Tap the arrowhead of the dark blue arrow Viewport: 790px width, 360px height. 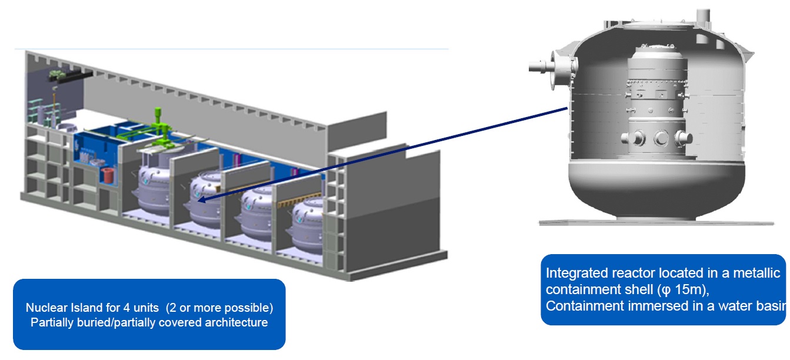tap(199, 201)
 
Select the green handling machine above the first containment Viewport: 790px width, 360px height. tap(158, 132)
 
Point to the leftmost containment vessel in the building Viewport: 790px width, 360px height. tap(155, 188)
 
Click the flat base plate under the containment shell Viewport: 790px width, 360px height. tap(656, 222)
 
